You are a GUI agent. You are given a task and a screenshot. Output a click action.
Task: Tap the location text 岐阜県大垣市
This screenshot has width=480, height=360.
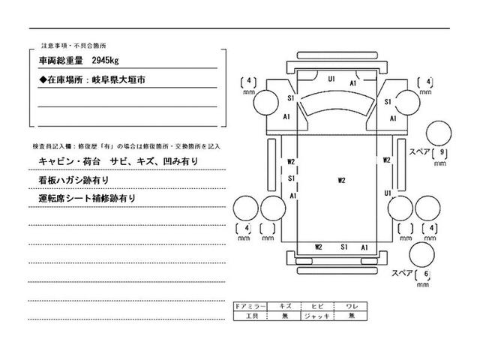[122, 78]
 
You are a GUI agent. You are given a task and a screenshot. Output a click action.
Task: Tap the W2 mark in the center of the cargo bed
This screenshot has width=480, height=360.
[341, 180]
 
